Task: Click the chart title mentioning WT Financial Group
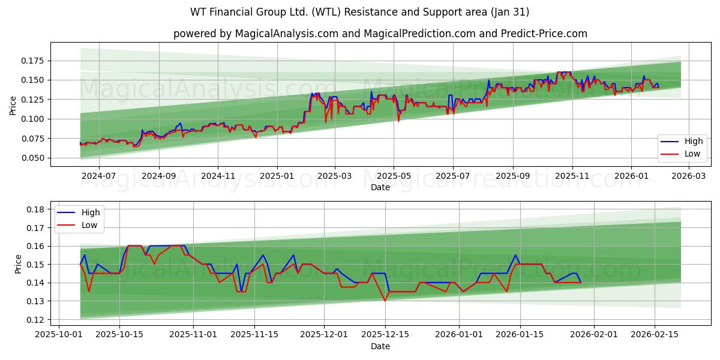tap(359, 12)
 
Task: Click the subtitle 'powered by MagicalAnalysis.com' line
tap(380, 34)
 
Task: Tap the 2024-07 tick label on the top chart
tap(98, 176)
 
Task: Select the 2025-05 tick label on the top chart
tap(394, 176)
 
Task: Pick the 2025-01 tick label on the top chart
tap(277, 176)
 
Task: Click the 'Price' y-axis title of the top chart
tap(13, 106)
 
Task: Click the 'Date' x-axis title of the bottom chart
tap(380, 346)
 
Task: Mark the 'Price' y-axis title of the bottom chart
tap(17, 264)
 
